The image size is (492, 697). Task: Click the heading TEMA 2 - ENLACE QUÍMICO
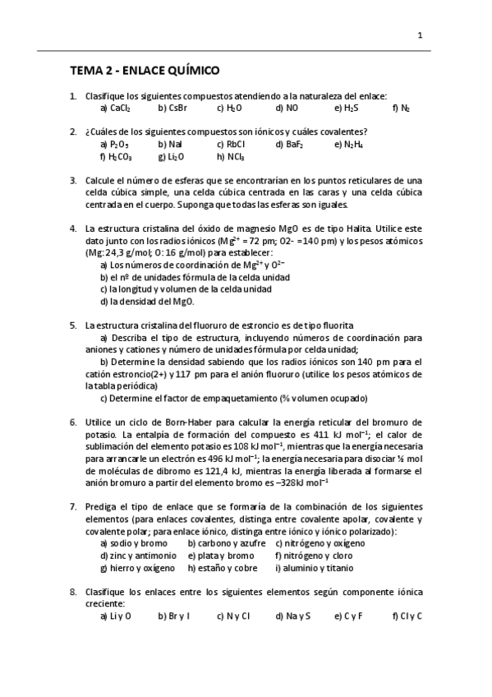(144, 71)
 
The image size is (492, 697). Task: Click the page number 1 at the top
(420, 35)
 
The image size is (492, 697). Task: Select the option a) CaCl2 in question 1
(115, 108)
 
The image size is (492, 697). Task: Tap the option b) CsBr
(172, 108)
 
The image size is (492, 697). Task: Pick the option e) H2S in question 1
(346, 108)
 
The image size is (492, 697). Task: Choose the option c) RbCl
(230, 144)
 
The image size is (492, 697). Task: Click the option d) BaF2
(289, 144)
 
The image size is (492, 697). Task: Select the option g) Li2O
(171, 156)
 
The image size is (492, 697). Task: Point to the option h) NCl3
(231, 156)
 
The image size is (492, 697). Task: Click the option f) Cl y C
(407, 615)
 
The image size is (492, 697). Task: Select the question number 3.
(73, 180)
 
